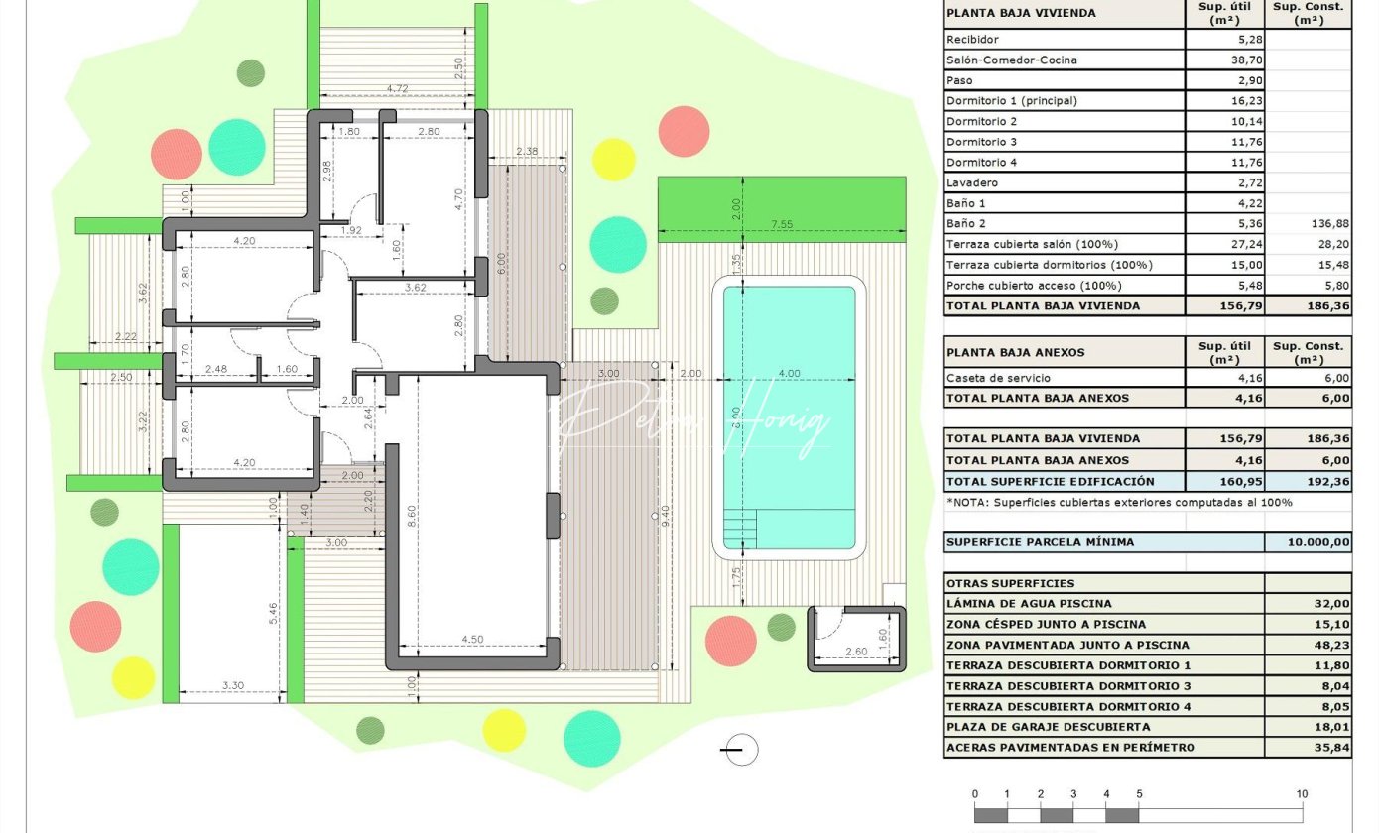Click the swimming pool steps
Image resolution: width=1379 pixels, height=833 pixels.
[739, 530]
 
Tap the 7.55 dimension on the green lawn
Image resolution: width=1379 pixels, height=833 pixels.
[782, 224]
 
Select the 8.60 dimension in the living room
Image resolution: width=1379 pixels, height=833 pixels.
[412, 516]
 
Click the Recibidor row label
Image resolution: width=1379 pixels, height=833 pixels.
[972, 40]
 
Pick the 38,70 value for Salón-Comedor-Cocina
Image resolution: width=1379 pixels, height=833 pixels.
[1247, 60]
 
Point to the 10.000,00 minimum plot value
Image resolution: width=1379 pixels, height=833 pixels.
[1318, 542]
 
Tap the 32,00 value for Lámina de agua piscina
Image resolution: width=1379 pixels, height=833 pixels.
[1331, 604]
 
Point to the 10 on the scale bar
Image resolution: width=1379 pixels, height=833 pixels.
[1302, 794]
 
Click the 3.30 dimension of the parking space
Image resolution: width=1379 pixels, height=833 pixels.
[233, 685]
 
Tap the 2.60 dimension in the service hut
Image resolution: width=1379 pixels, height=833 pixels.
[856, 652]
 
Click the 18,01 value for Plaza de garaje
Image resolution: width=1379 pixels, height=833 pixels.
[1331, 727]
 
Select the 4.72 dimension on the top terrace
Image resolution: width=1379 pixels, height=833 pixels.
[397, 88]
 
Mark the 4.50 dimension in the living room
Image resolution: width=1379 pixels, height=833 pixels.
[472, 640]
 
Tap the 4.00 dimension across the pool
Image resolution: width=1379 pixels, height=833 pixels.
[790, 374]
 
